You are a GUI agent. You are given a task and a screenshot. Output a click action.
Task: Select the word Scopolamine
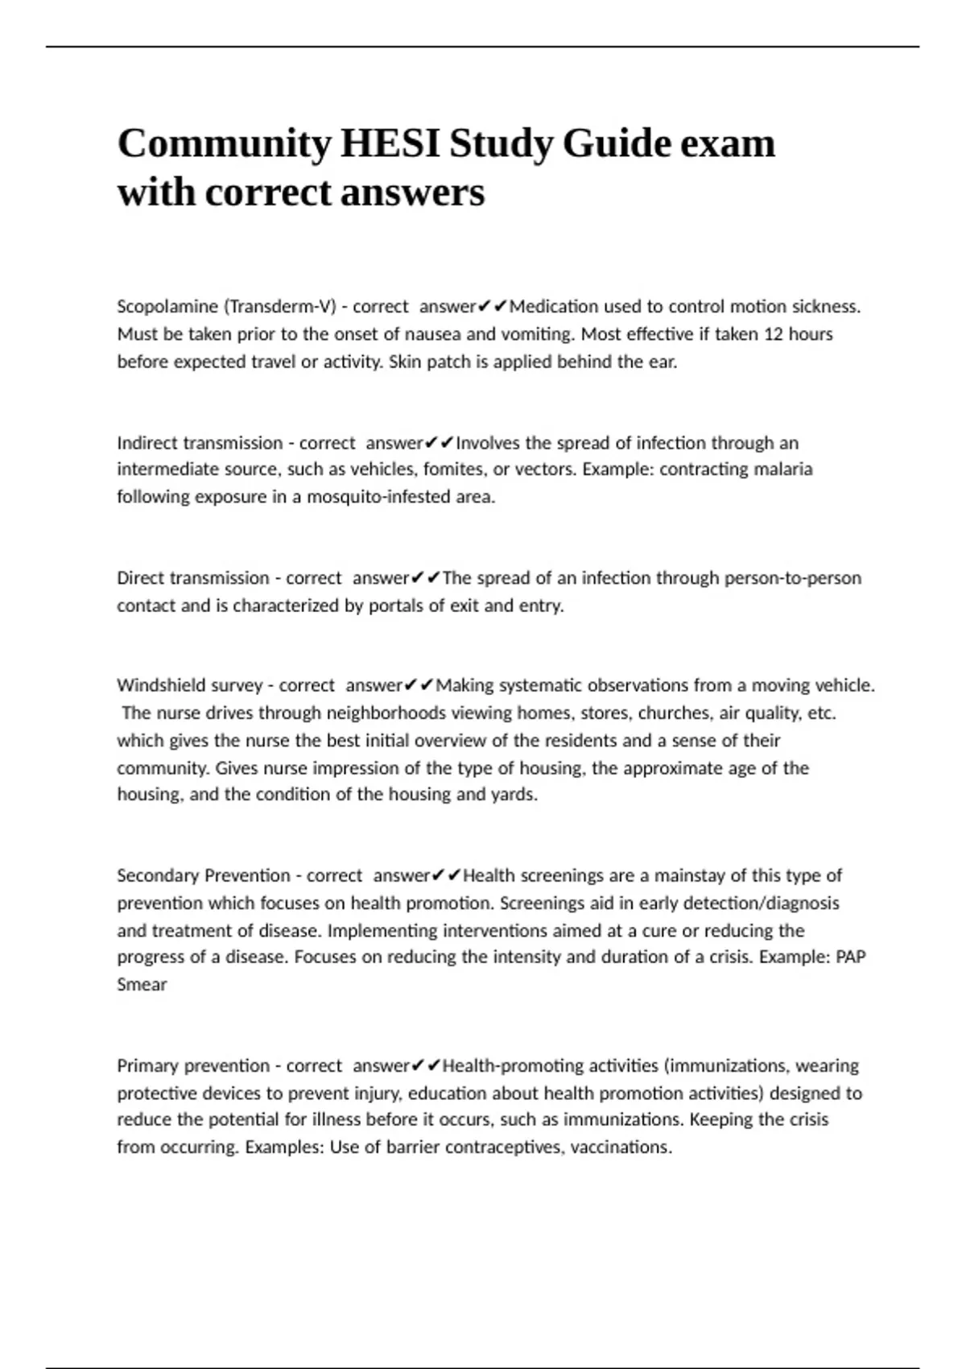167,307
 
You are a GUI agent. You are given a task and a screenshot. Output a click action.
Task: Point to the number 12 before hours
773,334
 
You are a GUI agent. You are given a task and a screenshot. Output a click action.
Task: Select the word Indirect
147,443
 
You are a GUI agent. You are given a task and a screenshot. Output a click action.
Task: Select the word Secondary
158,875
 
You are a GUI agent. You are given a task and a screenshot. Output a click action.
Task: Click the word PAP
851,957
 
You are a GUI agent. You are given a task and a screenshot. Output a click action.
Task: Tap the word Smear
142,985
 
